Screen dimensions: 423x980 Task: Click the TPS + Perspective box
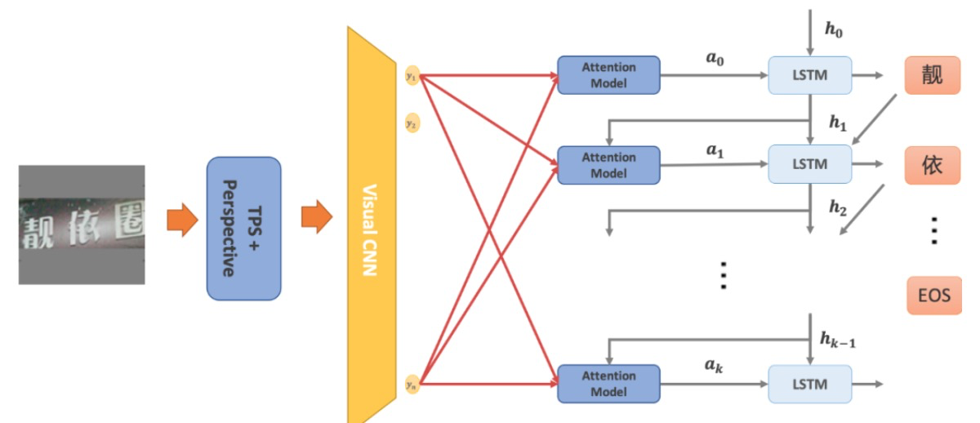pos(243,226)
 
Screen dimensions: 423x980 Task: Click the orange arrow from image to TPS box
pos(182,220)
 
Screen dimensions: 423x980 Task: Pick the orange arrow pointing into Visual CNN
pos(316,217)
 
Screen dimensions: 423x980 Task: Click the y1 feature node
pos(412,76)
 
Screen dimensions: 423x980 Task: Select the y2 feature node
pos(412,124)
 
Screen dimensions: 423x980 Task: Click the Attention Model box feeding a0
pos(608,75)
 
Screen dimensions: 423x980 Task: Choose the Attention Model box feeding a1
pos(608,165)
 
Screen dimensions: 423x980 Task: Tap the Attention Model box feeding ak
pos(608,384)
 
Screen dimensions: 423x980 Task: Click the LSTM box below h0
pos(809,75)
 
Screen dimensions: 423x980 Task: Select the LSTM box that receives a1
pos(809,164)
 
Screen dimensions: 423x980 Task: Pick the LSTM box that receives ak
pos(809,384)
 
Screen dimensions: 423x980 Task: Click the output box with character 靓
pos(932,75)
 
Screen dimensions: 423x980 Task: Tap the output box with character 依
pos(932,165)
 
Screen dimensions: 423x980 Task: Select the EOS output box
pos(933,295)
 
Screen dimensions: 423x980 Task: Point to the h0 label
pos(834,30)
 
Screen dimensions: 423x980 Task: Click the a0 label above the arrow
pos(715,60)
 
